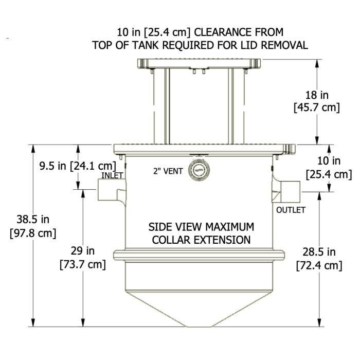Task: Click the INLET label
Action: click(x=112, y=175)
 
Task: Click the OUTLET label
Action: click(x=291, y=210)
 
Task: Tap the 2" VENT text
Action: click(x=167, y=171)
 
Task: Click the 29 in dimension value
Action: click(x=83, y=251)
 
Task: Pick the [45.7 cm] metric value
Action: click(x=316, y=107)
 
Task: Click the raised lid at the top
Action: click(x=199, y=64)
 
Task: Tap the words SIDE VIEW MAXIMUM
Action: click(x=201, y=227)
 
